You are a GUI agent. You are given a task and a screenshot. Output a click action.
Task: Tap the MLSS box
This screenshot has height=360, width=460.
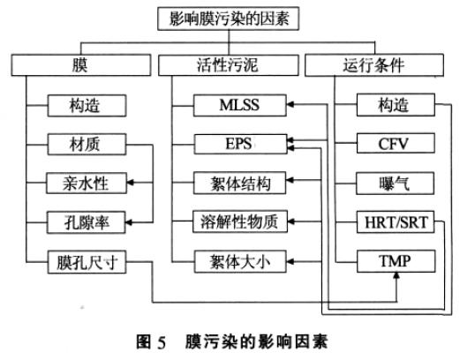(x=240, y=107)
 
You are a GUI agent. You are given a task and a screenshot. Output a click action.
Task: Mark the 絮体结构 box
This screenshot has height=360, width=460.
(x=240, y=184)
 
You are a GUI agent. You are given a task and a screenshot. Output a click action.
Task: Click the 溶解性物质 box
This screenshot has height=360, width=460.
(x=240, y=221)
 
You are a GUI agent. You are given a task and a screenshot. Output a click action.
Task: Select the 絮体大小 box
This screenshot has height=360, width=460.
(x=240, y=260)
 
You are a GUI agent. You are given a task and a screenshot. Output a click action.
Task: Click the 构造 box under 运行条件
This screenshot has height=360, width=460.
(x=395, y=107)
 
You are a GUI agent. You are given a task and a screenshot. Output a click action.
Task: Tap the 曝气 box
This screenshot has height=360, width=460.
(x=395, y=184)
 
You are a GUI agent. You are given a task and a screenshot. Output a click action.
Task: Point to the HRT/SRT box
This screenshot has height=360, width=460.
(x=395, y=221)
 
